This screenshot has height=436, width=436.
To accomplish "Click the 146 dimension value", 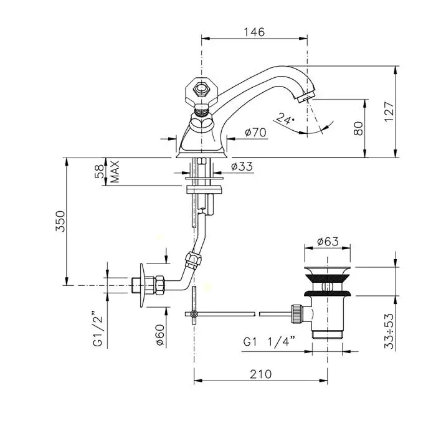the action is tap(254, 32).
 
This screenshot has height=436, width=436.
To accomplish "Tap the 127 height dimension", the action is tap(389, 111).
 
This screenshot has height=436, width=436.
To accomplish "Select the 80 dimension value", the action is tap(358, 128).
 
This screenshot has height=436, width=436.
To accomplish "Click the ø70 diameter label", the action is tap(255, 132).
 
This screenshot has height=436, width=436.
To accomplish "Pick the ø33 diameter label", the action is tap(242, 166).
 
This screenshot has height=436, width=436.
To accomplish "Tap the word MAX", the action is tap(115, 171).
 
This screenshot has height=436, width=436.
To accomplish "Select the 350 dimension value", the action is tap(60, 221).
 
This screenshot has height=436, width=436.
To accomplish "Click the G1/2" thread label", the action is tap(98, 331).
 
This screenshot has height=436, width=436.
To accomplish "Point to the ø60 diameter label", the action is tap(160, 335).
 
